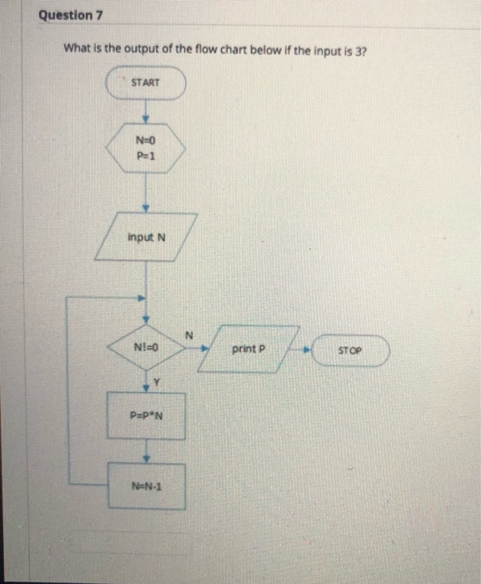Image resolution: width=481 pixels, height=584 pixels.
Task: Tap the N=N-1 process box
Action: [x=146, y=486]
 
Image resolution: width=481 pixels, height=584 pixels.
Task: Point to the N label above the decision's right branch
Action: [x=188, y=334]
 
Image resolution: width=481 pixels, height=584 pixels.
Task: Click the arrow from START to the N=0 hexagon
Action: [x=145, y=113]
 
